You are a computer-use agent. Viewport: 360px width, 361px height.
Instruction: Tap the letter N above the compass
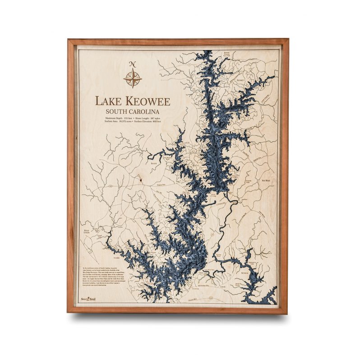click(x=132, y=64)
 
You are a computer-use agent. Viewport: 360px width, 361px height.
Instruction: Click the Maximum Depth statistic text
click(x=115, y=118)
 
